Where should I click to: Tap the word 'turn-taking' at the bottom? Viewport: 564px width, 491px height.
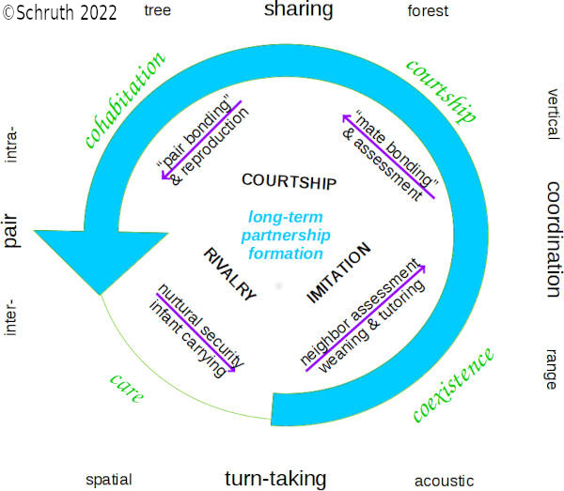click(x=275, y=478)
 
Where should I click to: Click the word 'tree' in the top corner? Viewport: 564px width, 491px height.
click(x=157, y=10)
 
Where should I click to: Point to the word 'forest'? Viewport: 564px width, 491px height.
click(x=428, y=11)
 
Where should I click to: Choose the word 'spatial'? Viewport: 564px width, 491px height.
click(x=108, y=479)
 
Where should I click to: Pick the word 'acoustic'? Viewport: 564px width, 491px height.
click(x=446, y=481)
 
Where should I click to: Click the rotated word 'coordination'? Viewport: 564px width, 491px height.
click(x=554, y=236)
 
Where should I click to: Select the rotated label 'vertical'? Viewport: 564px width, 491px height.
click(x=553, y=114)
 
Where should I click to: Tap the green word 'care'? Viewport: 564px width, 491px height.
click(x=126, y=388)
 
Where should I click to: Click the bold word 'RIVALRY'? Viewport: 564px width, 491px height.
click(x=228, y=273)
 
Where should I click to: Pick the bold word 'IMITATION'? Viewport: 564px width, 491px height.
click(x=339, y=273)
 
